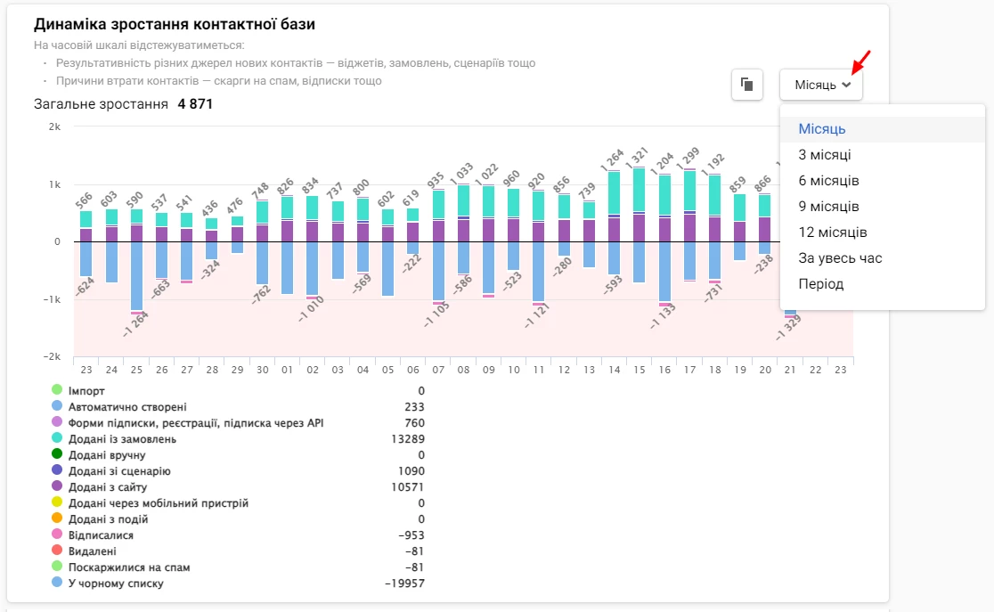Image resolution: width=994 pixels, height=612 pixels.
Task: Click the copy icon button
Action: [746, 85]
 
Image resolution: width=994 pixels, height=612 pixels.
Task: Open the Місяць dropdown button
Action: [821, 85]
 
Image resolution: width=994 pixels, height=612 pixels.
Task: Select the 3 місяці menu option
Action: [824, 155]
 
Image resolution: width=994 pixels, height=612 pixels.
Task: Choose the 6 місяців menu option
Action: [828, 181]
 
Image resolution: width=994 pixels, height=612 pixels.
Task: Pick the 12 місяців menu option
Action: [832, 233]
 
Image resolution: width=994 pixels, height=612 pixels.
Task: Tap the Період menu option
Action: [820, 284]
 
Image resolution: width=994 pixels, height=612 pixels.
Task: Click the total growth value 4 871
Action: [195, 104]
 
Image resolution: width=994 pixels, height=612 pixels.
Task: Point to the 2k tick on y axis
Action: [54, 126]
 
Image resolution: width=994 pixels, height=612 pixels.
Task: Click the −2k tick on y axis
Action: [53, 356]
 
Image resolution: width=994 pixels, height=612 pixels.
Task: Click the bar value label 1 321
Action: [638, 155]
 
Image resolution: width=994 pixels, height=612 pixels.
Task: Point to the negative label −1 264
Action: [135, 322]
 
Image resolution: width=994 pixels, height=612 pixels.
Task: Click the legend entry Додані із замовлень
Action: [122, 439]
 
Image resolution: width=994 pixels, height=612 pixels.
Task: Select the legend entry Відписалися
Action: [101, 535]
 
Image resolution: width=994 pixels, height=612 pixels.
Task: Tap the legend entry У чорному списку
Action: [116, 583]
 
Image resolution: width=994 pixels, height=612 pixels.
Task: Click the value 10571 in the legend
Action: [408, 487]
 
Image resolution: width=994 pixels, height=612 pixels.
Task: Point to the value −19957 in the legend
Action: [404, 583]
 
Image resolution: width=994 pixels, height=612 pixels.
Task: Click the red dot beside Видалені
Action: [57, 551]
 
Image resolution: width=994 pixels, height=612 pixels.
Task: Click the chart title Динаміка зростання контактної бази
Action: [175, 25]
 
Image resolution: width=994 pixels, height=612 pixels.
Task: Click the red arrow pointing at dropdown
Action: [860, 62]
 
